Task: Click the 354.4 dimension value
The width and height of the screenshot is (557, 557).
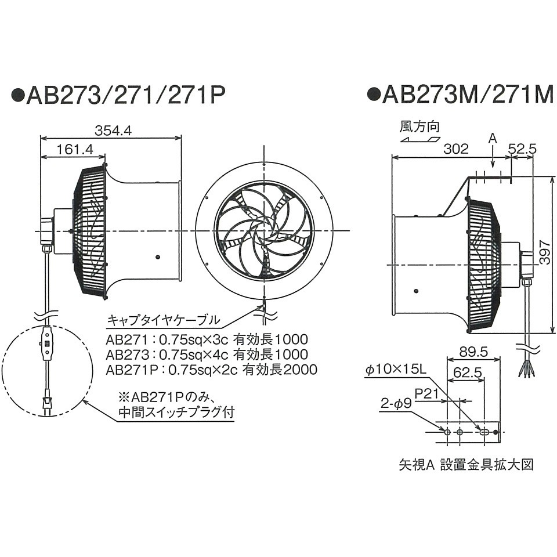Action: pyautogui.click(x=113, y=131)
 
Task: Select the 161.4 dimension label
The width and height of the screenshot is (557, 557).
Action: pyautogui.click(x=75, y=149)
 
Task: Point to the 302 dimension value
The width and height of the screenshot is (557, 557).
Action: pyautogui.click(x=455, y=149)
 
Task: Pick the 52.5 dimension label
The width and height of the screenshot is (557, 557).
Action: pyautogui.click(x=522, y=149)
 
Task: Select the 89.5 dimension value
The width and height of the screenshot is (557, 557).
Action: pyautogui.click(x=473, y=352)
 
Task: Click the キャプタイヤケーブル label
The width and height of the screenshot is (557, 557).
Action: pyautogui.click(x=163, y=320)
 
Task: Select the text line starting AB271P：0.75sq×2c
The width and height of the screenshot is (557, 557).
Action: pyautogui.click(x=211, y=370)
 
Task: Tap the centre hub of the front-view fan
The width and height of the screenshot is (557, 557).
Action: pyautogui.click(x=264, y=231)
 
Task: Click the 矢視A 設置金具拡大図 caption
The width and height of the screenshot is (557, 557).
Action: pyautogui.click(x=465, y=465)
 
